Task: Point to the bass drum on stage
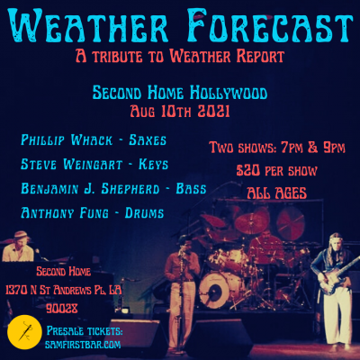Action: tap(213, 288)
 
